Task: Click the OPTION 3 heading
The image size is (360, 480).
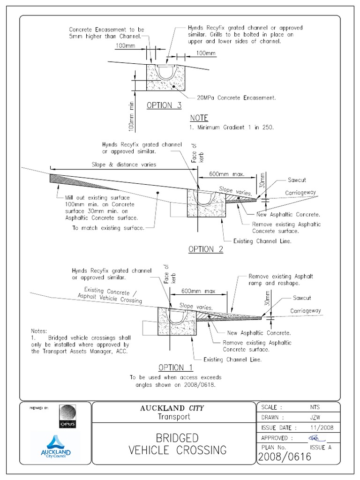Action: (x=164, y=105)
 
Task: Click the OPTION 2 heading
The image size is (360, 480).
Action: (x=206, y=249)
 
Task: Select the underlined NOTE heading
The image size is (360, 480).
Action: (x=199, y=118)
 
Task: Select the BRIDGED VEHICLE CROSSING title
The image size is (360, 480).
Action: (x=177, y=444)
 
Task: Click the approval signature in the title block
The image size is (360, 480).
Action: (x=317, y=437)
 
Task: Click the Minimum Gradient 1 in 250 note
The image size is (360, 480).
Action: (x=232, y=127)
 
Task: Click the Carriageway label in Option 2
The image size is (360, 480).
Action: (x=300, y=193)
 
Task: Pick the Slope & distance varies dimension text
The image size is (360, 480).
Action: (x=124, y=165)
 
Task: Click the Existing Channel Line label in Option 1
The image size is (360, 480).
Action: (x=232, y=360)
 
